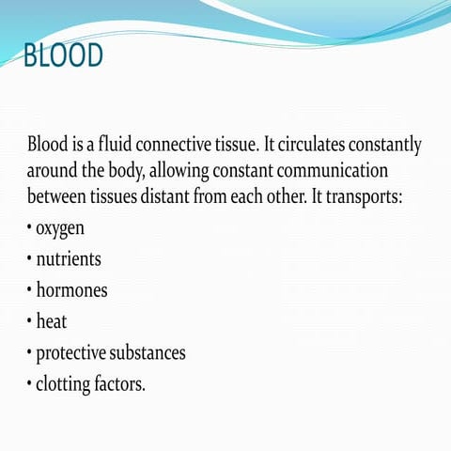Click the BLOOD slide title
[x=63, y=56]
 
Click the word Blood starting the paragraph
[x=49, y=147]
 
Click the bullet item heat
[x=52, y=322]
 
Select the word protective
[x=73, y=353]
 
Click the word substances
[x=150, y=353]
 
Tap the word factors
[x=123, y=384]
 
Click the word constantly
[x=392, y=147]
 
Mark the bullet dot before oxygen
[x=29, y=227]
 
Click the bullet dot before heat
[x=29, y=322]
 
